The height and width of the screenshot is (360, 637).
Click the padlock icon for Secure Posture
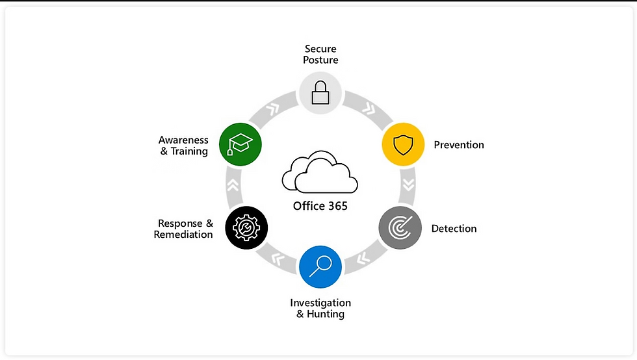click(320, 93)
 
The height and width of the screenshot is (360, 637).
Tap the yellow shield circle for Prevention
click(402, 145)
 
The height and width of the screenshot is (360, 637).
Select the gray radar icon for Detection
click(399, 228)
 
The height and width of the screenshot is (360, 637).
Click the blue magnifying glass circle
click(320, 266)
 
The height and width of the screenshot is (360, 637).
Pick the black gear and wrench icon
click(246, 228)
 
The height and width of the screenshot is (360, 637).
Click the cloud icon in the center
click(320, 172)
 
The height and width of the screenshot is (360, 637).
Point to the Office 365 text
click(320, 206)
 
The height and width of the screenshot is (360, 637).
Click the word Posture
click(320, 60)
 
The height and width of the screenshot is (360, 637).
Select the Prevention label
click(459, 145)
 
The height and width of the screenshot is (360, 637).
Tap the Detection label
click(454, 229)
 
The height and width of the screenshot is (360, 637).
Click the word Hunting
click(326, 315)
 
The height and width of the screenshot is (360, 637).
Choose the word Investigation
click(320, 303)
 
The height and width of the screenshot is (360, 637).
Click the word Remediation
click(183, 235)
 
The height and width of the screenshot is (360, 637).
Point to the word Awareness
click(183, 140)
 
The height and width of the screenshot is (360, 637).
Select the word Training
click(189, 151)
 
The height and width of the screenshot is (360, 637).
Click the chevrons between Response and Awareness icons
click(233, 185)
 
